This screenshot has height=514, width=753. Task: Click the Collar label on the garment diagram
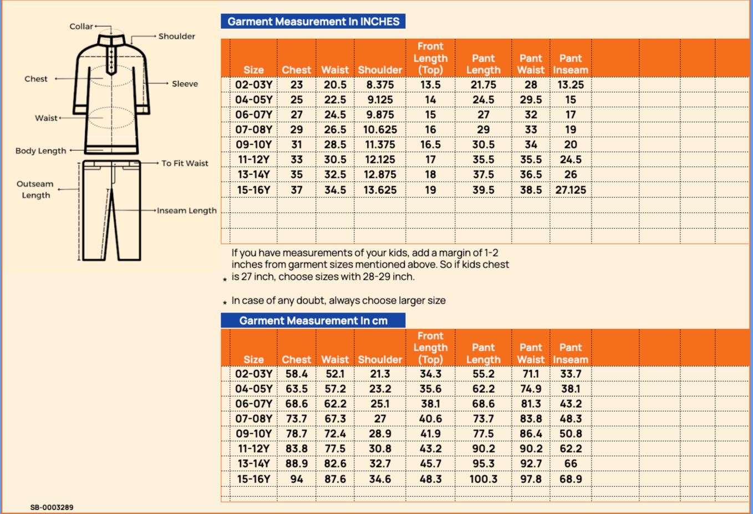coord(81,27)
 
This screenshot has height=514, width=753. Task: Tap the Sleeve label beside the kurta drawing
coord(185,84)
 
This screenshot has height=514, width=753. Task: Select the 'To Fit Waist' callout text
coord(185,163)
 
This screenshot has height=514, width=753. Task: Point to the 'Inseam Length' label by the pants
coord(186,210)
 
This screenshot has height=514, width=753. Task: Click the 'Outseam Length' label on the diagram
coord(35,189)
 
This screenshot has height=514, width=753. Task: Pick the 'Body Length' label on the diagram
coord(40,151)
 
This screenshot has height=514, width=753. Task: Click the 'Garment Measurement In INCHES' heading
coord(313,22)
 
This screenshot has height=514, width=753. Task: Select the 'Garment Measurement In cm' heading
coord(313,321)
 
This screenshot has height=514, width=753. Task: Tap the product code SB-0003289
coord(52,507)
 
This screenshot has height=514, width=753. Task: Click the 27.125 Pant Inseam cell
coord(571,190)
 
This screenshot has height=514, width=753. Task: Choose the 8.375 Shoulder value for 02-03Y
coord(380,85)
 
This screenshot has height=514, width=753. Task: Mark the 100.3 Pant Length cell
coord(483,479)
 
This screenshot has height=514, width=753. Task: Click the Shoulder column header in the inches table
coord(380,70)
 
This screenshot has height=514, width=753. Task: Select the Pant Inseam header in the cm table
coord(571,353)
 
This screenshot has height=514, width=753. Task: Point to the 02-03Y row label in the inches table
coord(253,85)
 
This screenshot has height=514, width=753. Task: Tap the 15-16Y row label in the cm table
coord(253,479)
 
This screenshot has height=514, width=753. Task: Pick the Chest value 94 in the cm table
coord(297,479)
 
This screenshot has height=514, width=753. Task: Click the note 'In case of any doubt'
coord(338,301)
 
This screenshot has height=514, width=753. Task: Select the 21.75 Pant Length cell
coord(483,85)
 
